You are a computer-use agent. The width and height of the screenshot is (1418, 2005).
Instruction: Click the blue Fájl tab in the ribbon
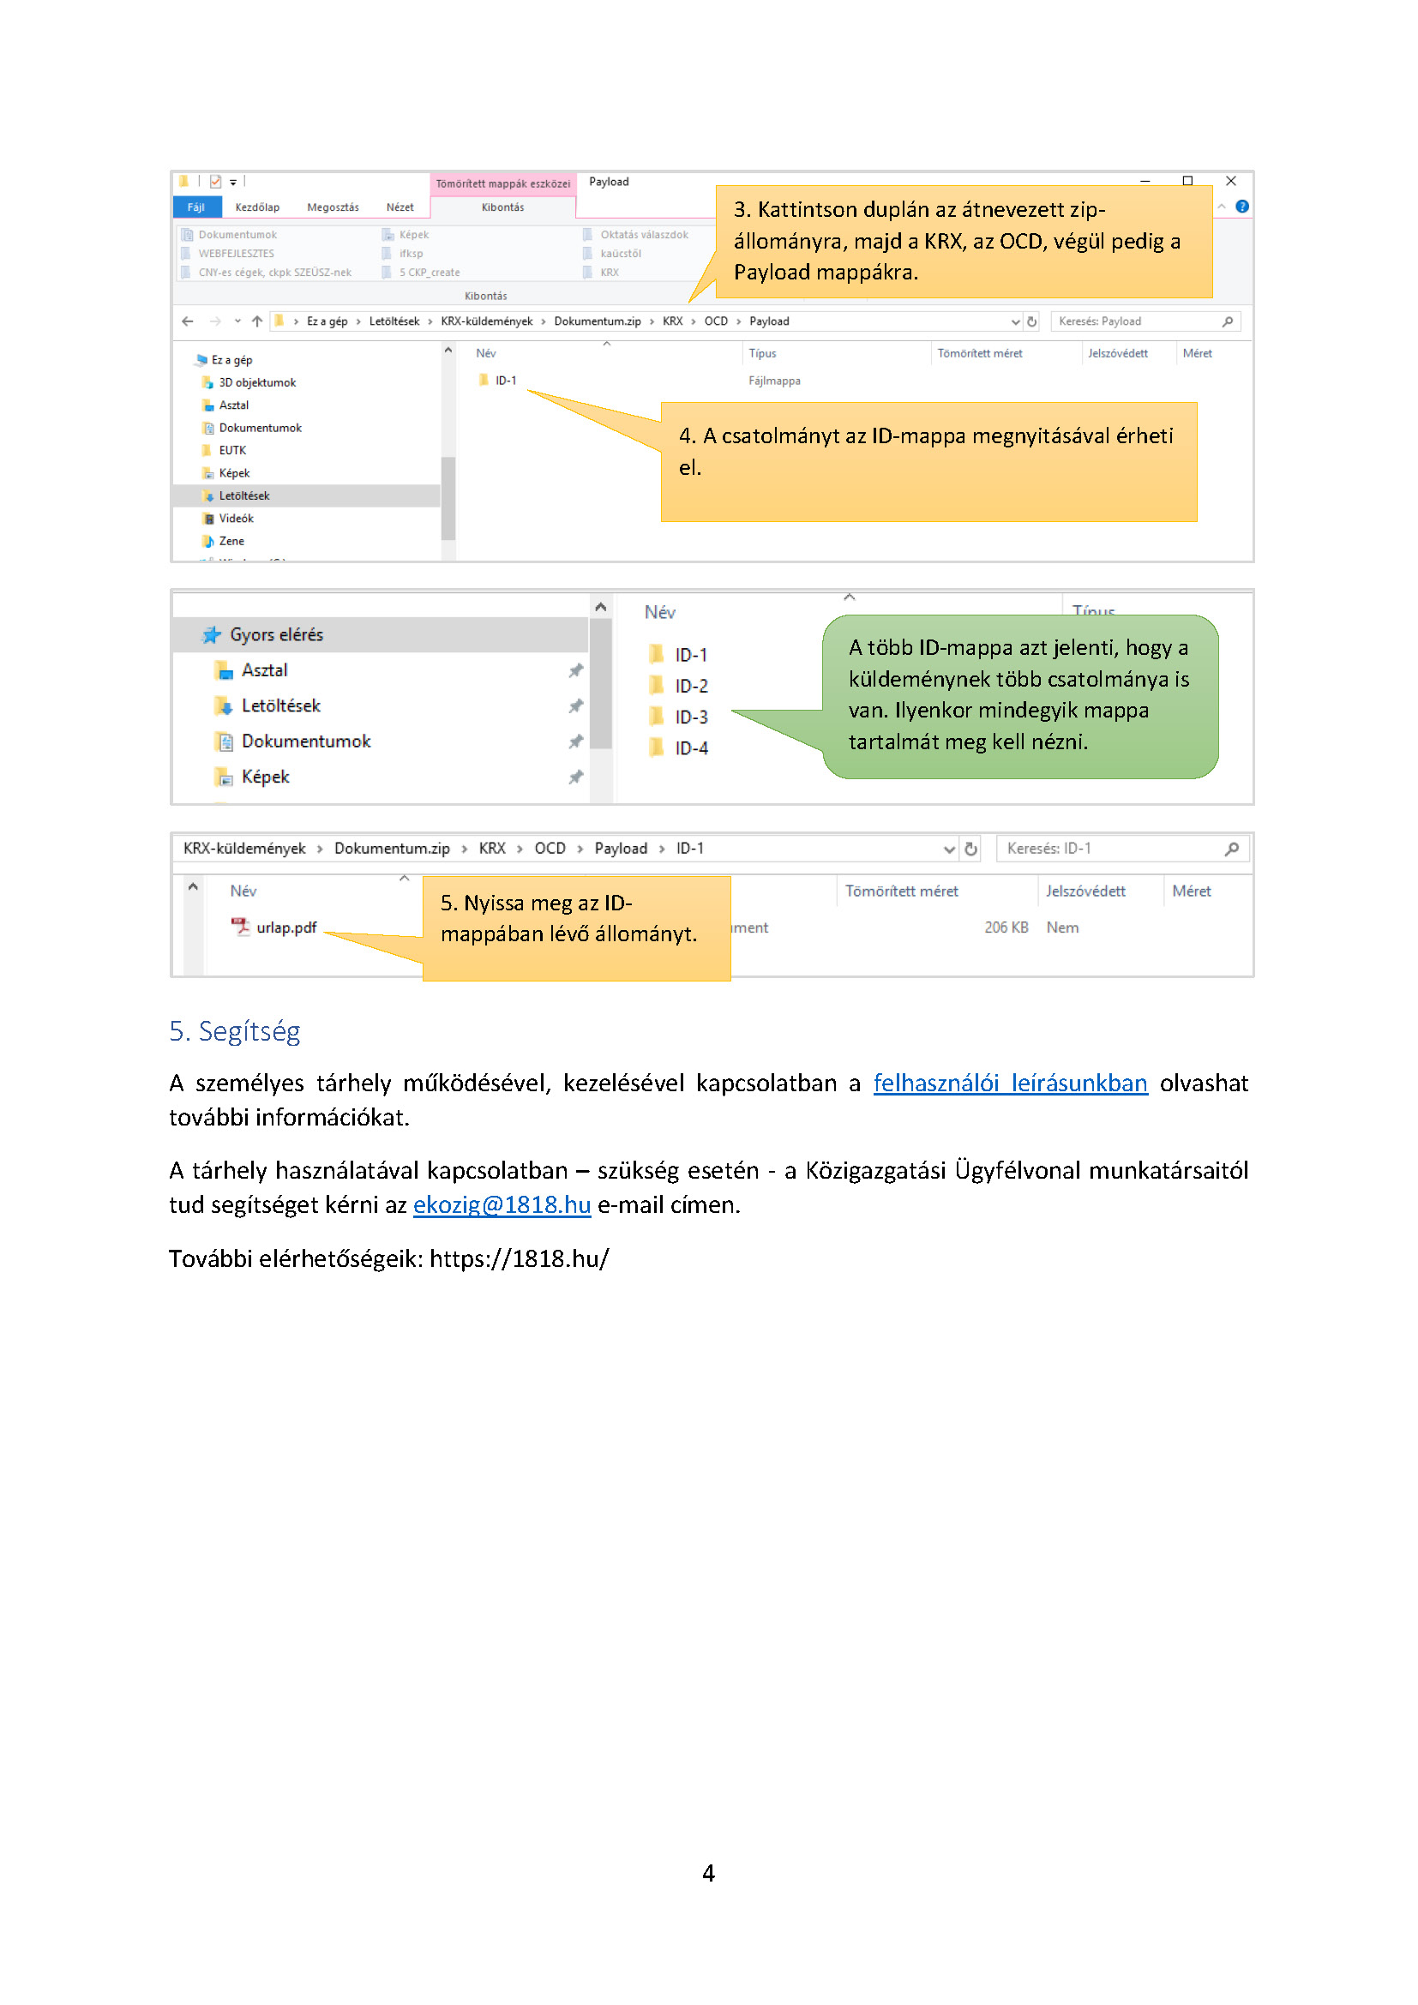click(x=195, y=207)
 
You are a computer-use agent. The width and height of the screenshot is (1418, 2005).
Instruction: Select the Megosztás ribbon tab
click(x=333, y=207)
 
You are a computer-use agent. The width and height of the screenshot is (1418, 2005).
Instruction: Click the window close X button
click(x=1230, y=181)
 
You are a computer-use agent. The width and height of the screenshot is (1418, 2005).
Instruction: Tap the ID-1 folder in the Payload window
click(x=505, y=381)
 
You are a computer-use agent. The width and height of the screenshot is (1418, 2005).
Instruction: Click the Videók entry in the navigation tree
click(x=236, y=519)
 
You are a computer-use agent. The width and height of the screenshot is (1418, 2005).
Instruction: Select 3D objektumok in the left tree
click(x=256, y=382)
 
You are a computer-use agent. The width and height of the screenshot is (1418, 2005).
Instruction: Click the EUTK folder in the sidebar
click(x=232, y=451)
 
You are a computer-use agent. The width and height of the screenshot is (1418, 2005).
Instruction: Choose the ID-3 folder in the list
click(x=690, y=717)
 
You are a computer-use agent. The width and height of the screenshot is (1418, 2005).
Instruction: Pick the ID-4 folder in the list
click(x=690, y=748)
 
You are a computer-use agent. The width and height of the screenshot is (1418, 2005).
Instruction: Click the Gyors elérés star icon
click(x=211, y=635)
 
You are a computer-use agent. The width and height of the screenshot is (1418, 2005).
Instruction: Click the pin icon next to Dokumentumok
click(x=575, y=741)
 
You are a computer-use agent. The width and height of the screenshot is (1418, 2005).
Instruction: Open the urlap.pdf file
click(x=285, y=927)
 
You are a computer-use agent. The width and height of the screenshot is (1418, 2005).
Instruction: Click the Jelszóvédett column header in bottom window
click(x=1085, y=891)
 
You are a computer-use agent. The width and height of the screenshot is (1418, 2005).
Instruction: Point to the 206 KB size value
click(x=1006, y=927)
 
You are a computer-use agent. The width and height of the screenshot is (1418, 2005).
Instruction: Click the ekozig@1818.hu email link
click(x=502, y=1205)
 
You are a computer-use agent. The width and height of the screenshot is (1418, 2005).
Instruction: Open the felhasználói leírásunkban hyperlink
click(x=1010, y=1084)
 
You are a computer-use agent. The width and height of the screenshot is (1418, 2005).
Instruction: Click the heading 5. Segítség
click(x=235, y=1031)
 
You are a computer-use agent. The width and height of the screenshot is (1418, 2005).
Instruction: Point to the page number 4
click(x=708, y=1873)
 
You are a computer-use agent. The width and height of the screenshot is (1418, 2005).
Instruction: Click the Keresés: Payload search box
click(x=1135, y=321)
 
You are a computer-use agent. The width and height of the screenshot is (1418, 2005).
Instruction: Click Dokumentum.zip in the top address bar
click(x=598, y=321)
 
